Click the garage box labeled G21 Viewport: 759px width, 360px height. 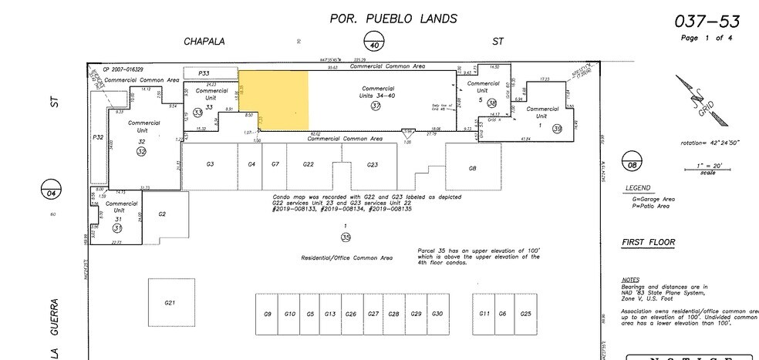click(170, 303)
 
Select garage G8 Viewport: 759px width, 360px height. click(473, 167)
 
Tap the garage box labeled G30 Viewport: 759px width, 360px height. click(437, 314)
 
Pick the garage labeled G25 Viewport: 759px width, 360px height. click(525, 314)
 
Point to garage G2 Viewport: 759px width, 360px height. click(162, 214)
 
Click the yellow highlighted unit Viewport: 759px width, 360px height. click(274, 100)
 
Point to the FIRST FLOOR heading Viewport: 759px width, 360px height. click(648, 243)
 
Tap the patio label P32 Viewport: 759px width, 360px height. click(98, 137)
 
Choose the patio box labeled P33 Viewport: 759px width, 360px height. click(204, 73)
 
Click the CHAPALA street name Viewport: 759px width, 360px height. click(204, 42)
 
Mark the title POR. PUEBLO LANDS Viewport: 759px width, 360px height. click(393, 19)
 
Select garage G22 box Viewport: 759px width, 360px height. click(308, 165)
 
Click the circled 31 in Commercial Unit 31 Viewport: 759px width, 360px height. click(117, 228)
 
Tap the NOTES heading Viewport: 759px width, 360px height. click(629, 279)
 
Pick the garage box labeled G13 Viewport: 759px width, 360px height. click(329, 314)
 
